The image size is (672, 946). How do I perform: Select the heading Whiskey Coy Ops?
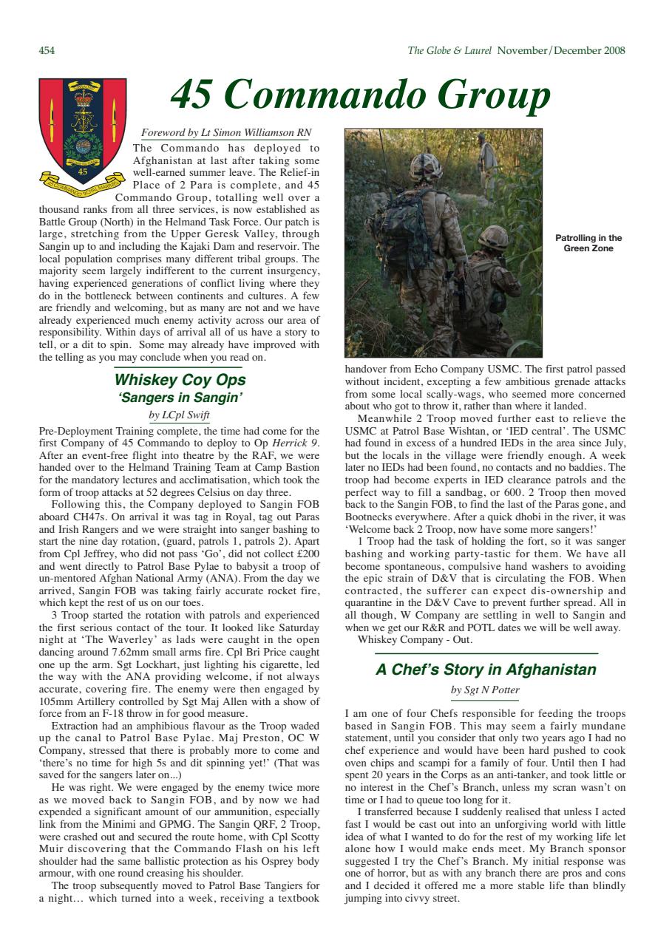[x=180, y=381]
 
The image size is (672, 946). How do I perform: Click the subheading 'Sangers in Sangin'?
[x=180, y=398]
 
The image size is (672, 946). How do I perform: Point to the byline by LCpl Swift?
[x=179, y=415]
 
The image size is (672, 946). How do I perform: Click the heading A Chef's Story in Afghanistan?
[x=486, y=670]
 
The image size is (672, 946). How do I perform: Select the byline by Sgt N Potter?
[x=485, y=690]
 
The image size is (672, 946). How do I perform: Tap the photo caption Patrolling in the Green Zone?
[x=588, y=243]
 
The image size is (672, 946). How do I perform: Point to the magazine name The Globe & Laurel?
[x=450, y=51]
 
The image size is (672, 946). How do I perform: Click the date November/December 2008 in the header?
[x=561, y=51]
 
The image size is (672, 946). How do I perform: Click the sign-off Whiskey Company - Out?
[x=404, y=640]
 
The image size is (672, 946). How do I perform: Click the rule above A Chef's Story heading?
[x=486, y=654]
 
